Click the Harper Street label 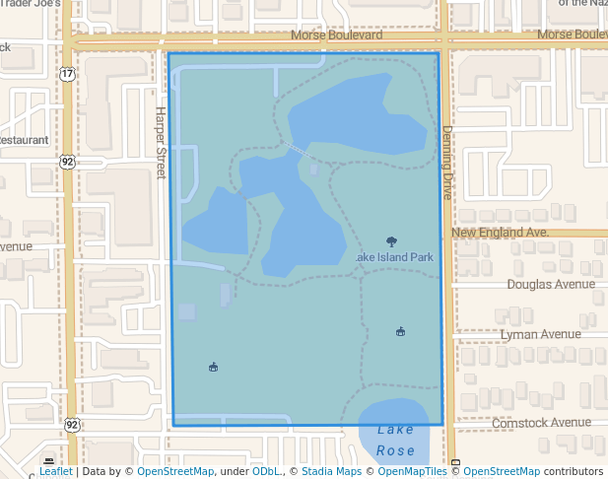pyautogui.click(x=161, y=142)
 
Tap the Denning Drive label pyautogui.click(x=446, y=163)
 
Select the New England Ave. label pyautogui.click(x=500, y=233)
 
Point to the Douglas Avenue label pyautogui.click(x=551, y=284)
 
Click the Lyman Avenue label pyautogui.click(x=540, y=334)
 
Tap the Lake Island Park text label pyautogui.click(x=394, y=257)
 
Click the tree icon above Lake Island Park pyautogui.click(x=391, y=241)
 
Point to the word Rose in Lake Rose pyautogui.click(x=395, y=450)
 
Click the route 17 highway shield pyautogui.click(x=66, y=74)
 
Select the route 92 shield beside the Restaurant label pyautogui.click(x=66, y=161)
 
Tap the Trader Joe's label pyautogui.click(x=30, y=4)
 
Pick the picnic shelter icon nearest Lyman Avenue pyautogui.click(x=400, y=332)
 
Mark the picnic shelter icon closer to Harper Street pyautogui.click(x=213, y=368)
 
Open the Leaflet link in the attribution pyautogui.click(x=55, y=471)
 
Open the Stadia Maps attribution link pyautogui.click(x=330, y=471)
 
